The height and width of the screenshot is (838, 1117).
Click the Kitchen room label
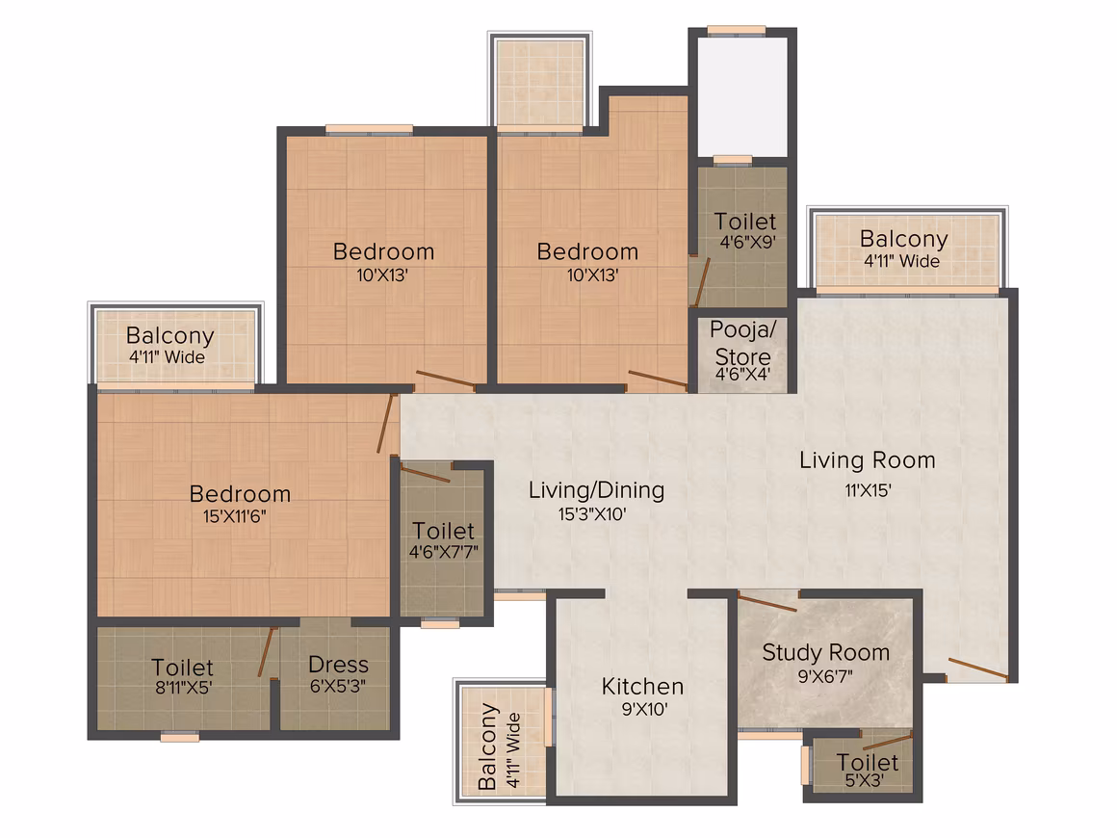[x=642, y=686]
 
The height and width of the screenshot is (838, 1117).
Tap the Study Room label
[x=825, y=653]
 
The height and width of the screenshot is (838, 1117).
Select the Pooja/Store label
[x=743, y=343]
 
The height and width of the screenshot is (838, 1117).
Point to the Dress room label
[x=338, y=665]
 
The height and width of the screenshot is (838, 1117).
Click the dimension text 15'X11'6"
[x=234, y=516]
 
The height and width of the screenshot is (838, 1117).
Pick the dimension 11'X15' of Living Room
[x=868, y=490]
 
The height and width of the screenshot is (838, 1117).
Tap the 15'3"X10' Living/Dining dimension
[x=592, y=513]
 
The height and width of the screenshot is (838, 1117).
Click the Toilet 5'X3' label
[x=867, y=763]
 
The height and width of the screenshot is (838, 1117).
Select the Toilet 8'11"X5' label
[x=182, y=668]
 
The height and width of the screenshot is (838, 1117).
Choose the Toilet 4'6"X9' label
[x=745, y=222]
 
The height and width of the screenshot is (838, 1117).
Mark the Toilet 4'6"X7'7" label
[x=443, y=531]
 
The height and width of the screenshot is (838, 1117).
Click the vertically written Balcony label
[x=488, y=746]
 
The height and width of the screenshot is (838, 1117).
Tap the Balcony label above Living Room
[x=904, y=239]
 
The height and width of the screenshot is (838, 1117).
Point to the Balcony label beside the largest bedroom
[x=170, y=335]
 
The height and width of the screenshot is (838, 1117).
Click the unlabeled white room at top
[x=742, y=97]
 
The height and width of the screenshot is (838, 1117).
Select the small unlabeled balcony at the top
[x=540, y=83]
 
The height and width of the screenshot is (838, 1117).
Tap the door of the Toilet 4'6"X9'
[x=701, y=282]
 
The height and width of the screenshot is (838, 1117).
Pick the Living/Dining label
[x=596, y=490]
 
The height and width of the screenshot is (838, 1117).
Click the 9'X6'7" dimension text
[x=825, y=676]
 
